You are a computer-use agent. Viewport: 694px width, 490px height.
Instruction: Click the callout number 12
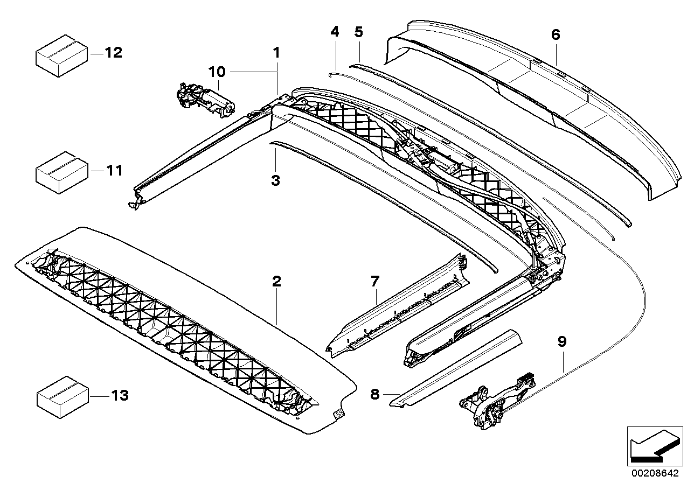[x=114, y=53]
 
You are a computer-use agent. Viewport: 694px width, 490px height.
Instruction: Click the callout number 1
[x=276, y=53]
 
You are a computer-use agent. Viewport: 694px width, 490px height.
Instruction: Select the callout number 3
[x=275, y=181]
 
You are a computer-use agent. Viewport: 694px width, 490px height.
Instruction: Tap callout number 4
[x=335, y=32]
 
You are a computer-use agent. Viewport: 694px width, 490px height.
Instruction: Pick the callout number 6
[x=556, y=35]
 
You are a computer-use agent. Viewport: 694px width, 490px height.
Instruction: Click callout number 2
[x=276, y=281]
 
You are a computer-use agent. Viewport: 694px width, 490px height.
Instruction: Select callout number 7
[x=375, y=281]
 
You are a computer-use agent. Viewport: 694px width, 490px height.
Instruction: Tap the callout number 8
[x=375, y=394]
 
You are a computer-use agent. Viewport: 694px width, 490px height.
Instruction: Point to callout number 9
[x=562, y=341]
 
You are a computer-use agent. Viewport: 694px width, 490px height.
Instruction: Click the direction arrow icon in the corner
[x=653, y=445]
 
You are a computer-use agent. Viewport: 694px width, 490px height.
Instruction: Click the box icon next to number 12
[x=61, y=54]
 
